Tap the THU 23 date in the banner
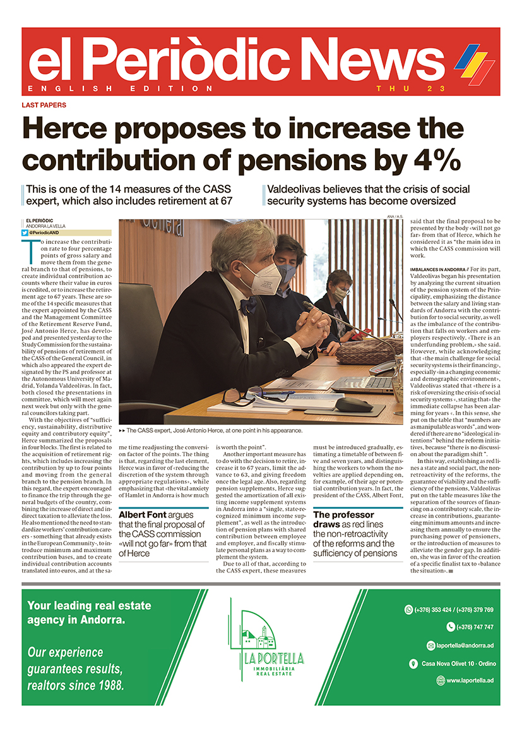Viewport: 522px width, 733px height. [x=410, y=88]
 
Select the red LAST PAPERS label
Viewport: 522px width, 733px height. [x=44, y=105]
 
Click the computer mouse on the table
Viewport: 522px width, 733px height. [x=353, y=404]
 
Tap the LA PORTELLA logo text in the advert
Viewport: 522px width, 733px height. [x=273, y=659]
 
